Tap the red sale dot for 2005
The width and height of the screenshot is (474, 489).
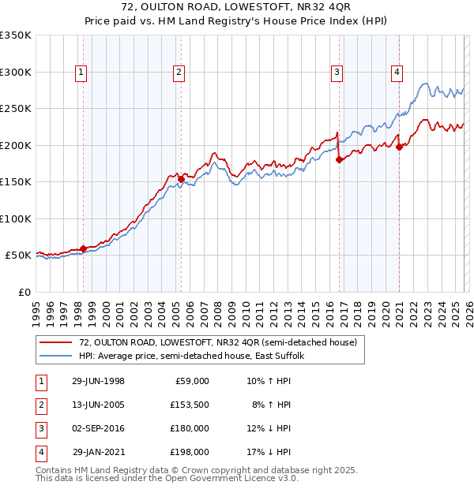tap(181, 179)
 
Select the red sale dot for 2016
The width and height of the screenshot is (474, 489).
tap(339, 159)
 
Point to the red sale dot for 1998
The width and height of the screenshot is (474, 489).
tap(83, 248)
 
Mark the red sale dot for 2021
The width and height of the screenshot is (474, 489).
tap(400, 146)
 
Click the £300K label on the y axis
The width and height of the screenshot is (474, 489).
tap(15, 72)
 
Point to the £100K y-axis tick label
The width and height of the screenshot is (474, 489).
tap(15, 218)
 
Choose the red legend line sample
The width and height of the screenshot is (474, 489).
tap(55, 342)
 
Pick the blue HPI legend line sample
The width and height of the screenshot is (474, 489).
tap(55, 356)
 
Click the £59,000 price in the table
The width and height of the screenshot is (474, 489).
tap(190, 381)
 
